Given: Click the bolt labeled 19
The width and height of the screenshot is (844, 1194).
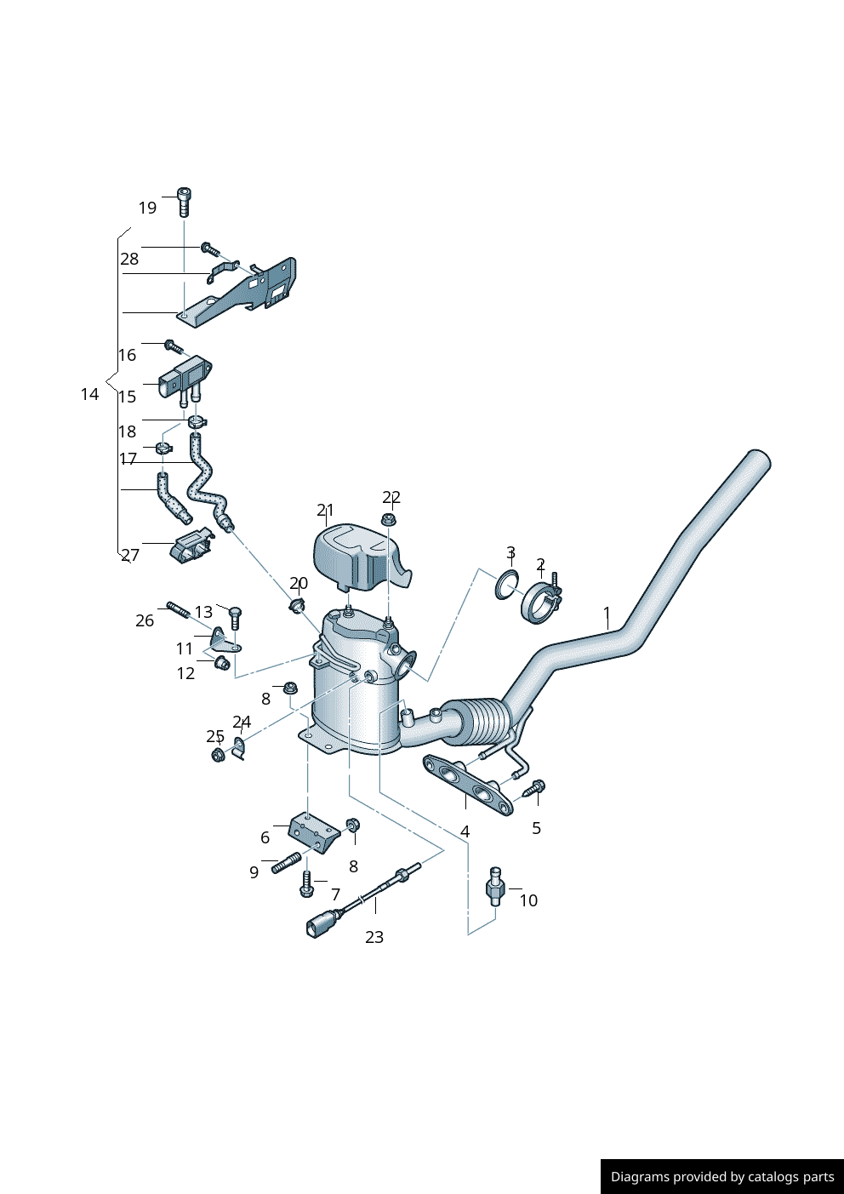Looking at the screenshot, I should (184, 202).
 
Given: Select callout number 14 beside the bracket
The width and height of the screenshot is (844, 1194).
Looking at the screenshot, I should (89, 394).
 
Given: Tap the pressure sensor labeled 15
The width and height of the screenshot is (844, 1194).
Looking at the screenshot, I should (185, 378).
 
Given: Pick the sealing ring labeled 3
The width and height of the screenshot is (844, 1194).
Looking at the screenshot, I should (507, 585).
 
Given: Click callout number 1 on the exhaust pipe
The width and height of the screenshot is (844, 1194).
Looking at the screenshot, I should (607, 613).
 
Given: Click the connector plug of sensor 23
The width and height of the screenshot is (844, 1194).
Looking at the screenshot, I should (319, 925).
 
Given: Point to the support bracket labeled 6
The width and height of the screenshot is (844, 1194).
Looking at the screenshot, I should (313, 831).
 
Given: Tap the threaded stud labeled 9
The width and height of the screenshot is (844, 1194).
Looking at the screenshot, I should (286, 863).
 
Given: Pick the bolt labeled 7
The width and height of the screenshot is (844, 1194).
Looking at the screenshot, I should (307, 887).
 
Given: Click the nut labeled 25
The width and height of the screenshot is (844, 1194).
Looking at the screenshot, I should (218, 754).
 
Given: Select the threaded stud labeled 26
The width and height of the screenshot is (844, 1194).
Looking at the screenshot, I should (177, 609).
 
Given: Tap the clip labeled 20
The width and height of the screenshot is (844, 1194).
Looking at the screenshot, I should (297, 605).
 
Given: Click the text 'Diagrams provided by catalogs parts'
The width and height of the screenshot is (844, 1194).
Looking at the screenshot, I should (722, 1177).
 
